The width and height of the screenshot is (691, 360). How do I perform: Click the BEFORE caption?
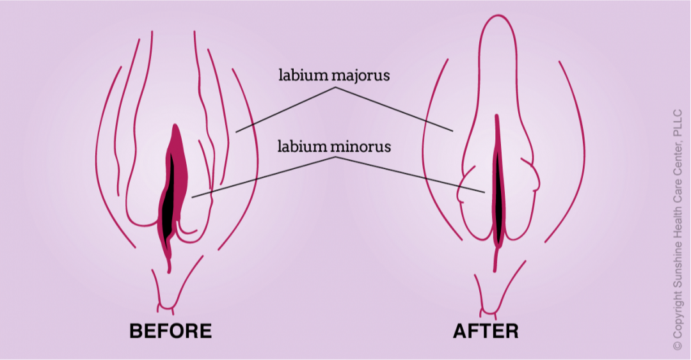coord(170,331)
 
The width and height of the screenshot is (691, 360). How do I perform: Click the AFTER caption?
coord(486,331)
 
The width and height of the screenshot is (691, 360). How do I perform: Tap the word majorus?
coord(361,76)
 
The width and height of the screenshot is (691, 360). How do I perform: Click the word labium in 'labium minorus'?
coord(303,146)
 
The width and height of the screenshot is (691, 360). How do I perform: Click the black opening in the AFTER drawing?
coord(498,192)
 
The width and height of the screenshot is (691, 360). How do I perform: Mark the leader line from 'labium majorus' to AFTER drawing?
coord(393,109)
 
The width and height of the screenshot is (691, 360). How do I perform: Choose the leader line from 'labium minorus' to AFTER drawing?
coord(409,175)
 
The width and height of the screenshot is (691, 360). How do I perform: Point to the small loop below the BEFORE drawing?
coord(168,310)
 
